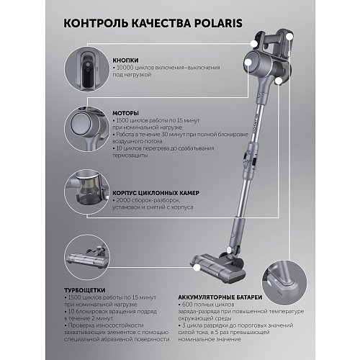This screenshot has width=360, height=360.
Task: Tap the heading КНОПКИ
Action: pos(129,60)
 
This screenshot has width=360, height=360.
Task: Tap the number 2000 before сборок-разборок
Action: pos(126,202)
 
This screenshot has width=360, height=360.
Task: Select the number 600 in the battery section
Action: pos(189,304)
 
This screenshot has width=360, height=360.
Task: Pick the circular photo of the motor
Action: pos(86,128)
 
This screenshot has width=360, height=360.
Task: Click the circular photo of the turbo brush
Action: pos(86,256)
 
